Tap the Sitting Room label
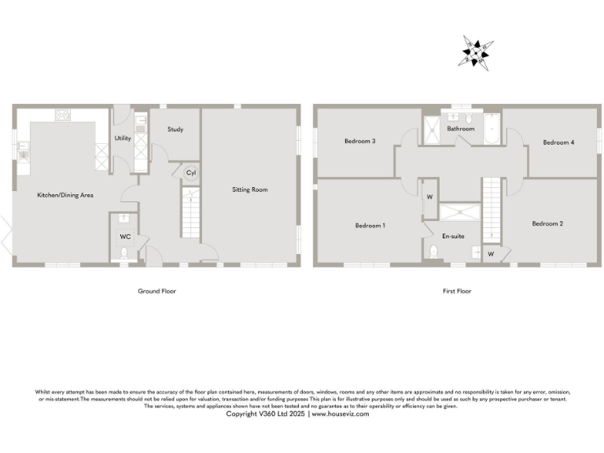tap(250, 190)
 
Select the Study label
tap(175, 129)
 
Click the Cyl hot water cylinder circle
tap(190, 172)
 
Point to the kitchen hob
tap(63, 116)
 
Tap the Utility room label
tap(123, 138)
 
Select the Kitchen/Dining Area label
tap(66, 195)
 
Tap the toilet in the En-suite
tap(434, 252)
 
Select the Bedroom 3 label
tap(359, 142)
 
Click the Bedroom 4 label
tap(558, 142)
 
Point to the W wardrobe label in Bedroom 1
tap(430, 197)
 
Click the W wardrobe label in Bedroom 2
tap(491, 254)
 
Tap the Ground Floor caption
tap(157, 291)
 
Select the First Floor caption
tap(457, 291)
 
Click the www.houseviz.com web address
tap(341, 414)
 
